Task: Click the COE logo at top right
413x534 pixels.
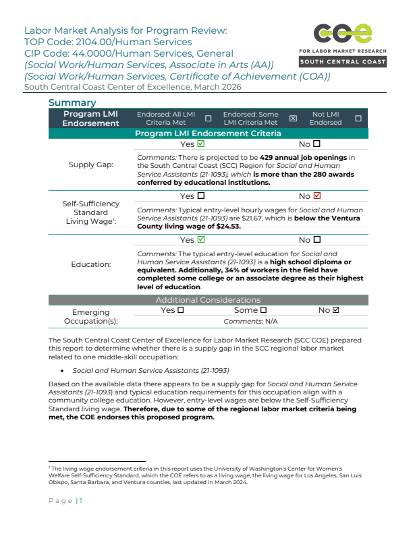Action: pos(343,33)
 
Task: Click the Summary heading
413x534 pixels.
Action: pos(72,102)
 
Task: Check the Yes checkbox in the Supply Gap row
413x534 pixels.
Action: pos(201,144)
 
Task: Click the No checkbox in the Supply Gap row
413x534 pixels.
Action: pos(316,144)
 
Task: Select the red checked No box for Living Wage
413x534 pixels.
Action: pos(317,196)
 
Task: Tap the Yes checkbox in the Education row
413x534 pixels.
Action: pos(201,239)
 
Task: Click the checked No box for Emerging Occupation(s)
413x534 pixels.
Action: pos(336,310)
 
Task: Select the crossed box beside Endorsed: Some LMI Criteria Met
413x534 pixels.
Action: pos(293,119)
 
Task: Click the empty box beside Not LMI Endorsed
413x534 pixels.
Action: pos(358,119)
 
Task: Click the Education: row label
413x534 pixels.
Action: pos(91,264)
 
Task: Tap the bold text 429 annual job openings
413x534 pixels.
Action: pos(303,156)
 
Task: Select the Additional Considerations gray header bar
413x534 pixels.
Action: pos(208,299)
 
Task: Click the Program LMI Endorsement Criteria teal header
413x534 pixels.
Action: pos(208,133)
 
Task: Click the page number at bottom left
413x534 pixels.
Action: pos(65,500)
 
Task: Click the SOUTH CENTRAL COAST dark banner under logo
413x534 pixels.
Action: pos(343,62)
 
